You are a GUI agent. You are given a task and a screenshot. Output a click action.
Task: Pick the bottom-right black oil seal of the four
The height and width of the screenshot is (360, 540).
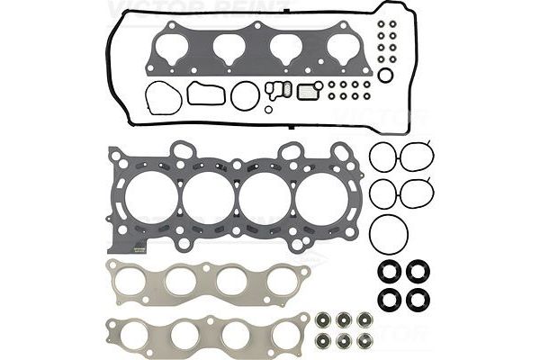(x=418, y=298)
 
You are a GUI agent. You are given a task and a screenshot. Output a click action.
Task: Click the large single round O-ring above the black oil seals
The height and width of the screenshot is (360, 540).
(x=389, y=233)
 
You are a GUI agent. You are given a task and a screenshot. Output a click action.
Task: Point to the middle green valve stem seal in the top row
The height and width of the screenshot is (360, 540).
(x=345, y=319)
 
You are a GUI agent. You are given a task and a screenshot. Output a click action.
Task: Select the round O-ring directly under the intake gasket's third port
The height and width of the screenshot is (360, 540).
(x=245, y=95)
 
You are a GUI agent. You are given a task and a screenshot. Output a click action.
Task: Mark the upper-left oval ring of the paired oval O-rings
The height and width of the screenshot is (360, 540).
(x=383, y=156)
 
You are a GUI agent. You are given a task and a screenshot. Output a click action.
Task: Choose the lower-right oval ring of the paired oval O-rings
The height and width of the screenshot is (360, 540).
(x=417, y=191)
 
